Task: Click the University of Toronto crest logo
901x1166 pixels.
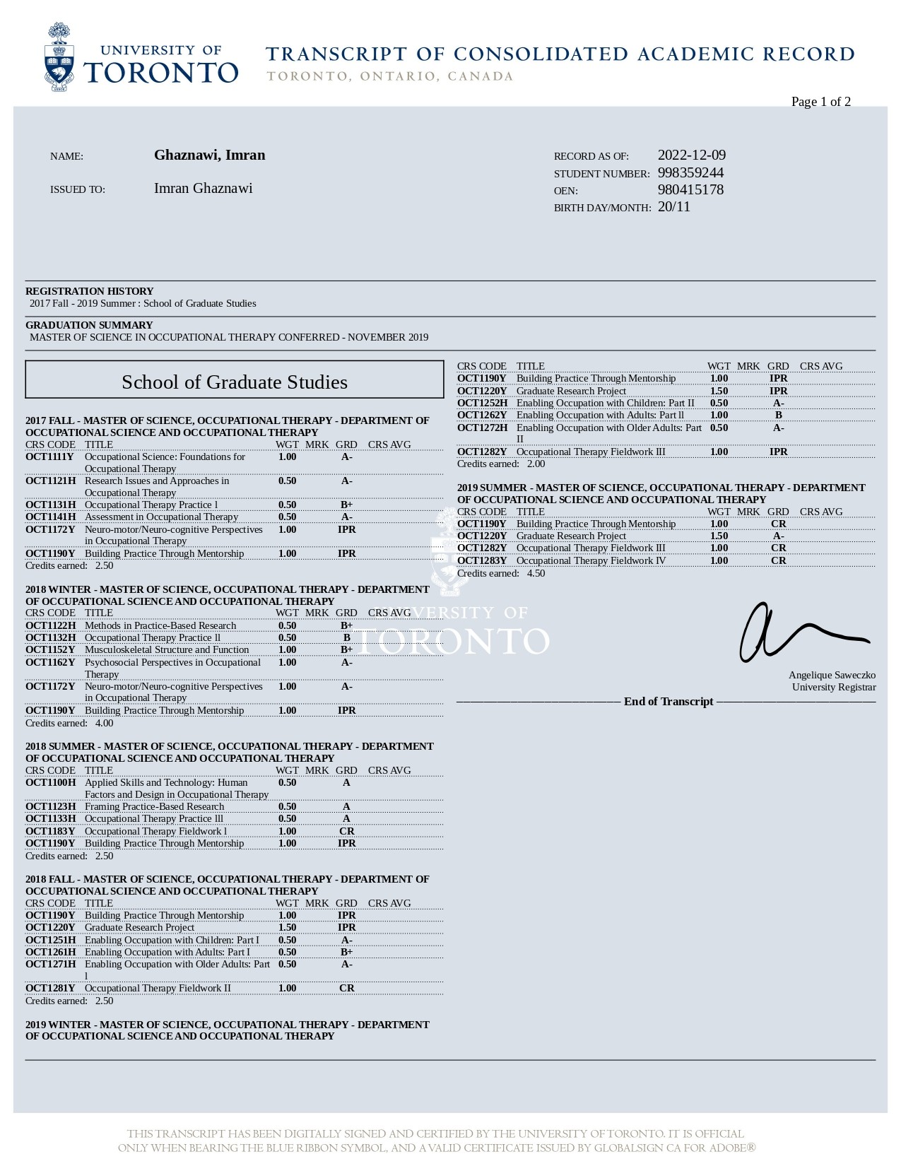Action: pos(59,58)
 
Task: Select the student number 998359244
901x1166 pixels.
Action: pos(690,173)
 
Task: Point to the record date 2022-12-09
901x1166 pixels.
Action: pos(691,155)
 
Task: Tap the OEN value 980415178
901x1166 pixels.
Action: pos(690,190)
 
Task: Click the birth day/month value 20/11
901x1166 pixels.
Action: pos(673,207)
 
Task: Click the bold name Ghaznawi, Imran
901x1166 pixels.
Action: pos(209,155)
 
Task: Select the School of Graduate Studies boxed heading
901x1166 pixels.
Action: pos(234,382)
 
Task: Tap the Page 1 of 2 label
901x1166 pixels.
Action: pos(820,102)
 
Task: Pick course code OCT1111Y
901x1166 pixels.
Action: pos(49,457)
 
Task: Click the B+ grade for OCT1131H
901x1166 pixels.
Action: pos(346,505)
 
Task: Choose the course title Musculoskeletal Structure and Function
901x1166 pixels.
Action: pos(167,650)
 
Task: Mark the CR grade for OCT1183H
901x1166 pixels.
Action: pos(346,832)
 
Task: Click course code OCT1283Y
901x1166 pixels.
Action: pos(481,561)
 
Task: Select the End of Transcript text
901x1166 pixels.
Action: pos(668,702)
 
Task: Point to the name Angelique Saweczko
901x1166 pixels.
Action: pos(832,676)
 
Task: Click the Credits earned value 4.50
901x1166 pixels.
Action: pos(536,574)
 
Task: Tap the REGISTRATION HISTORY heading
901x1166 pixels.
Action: pos(89,291)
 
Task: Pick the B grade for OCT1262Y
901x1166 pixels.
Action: pos(778,416)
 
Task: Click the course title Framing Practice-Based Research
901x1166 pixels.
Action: pos(154,807)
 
